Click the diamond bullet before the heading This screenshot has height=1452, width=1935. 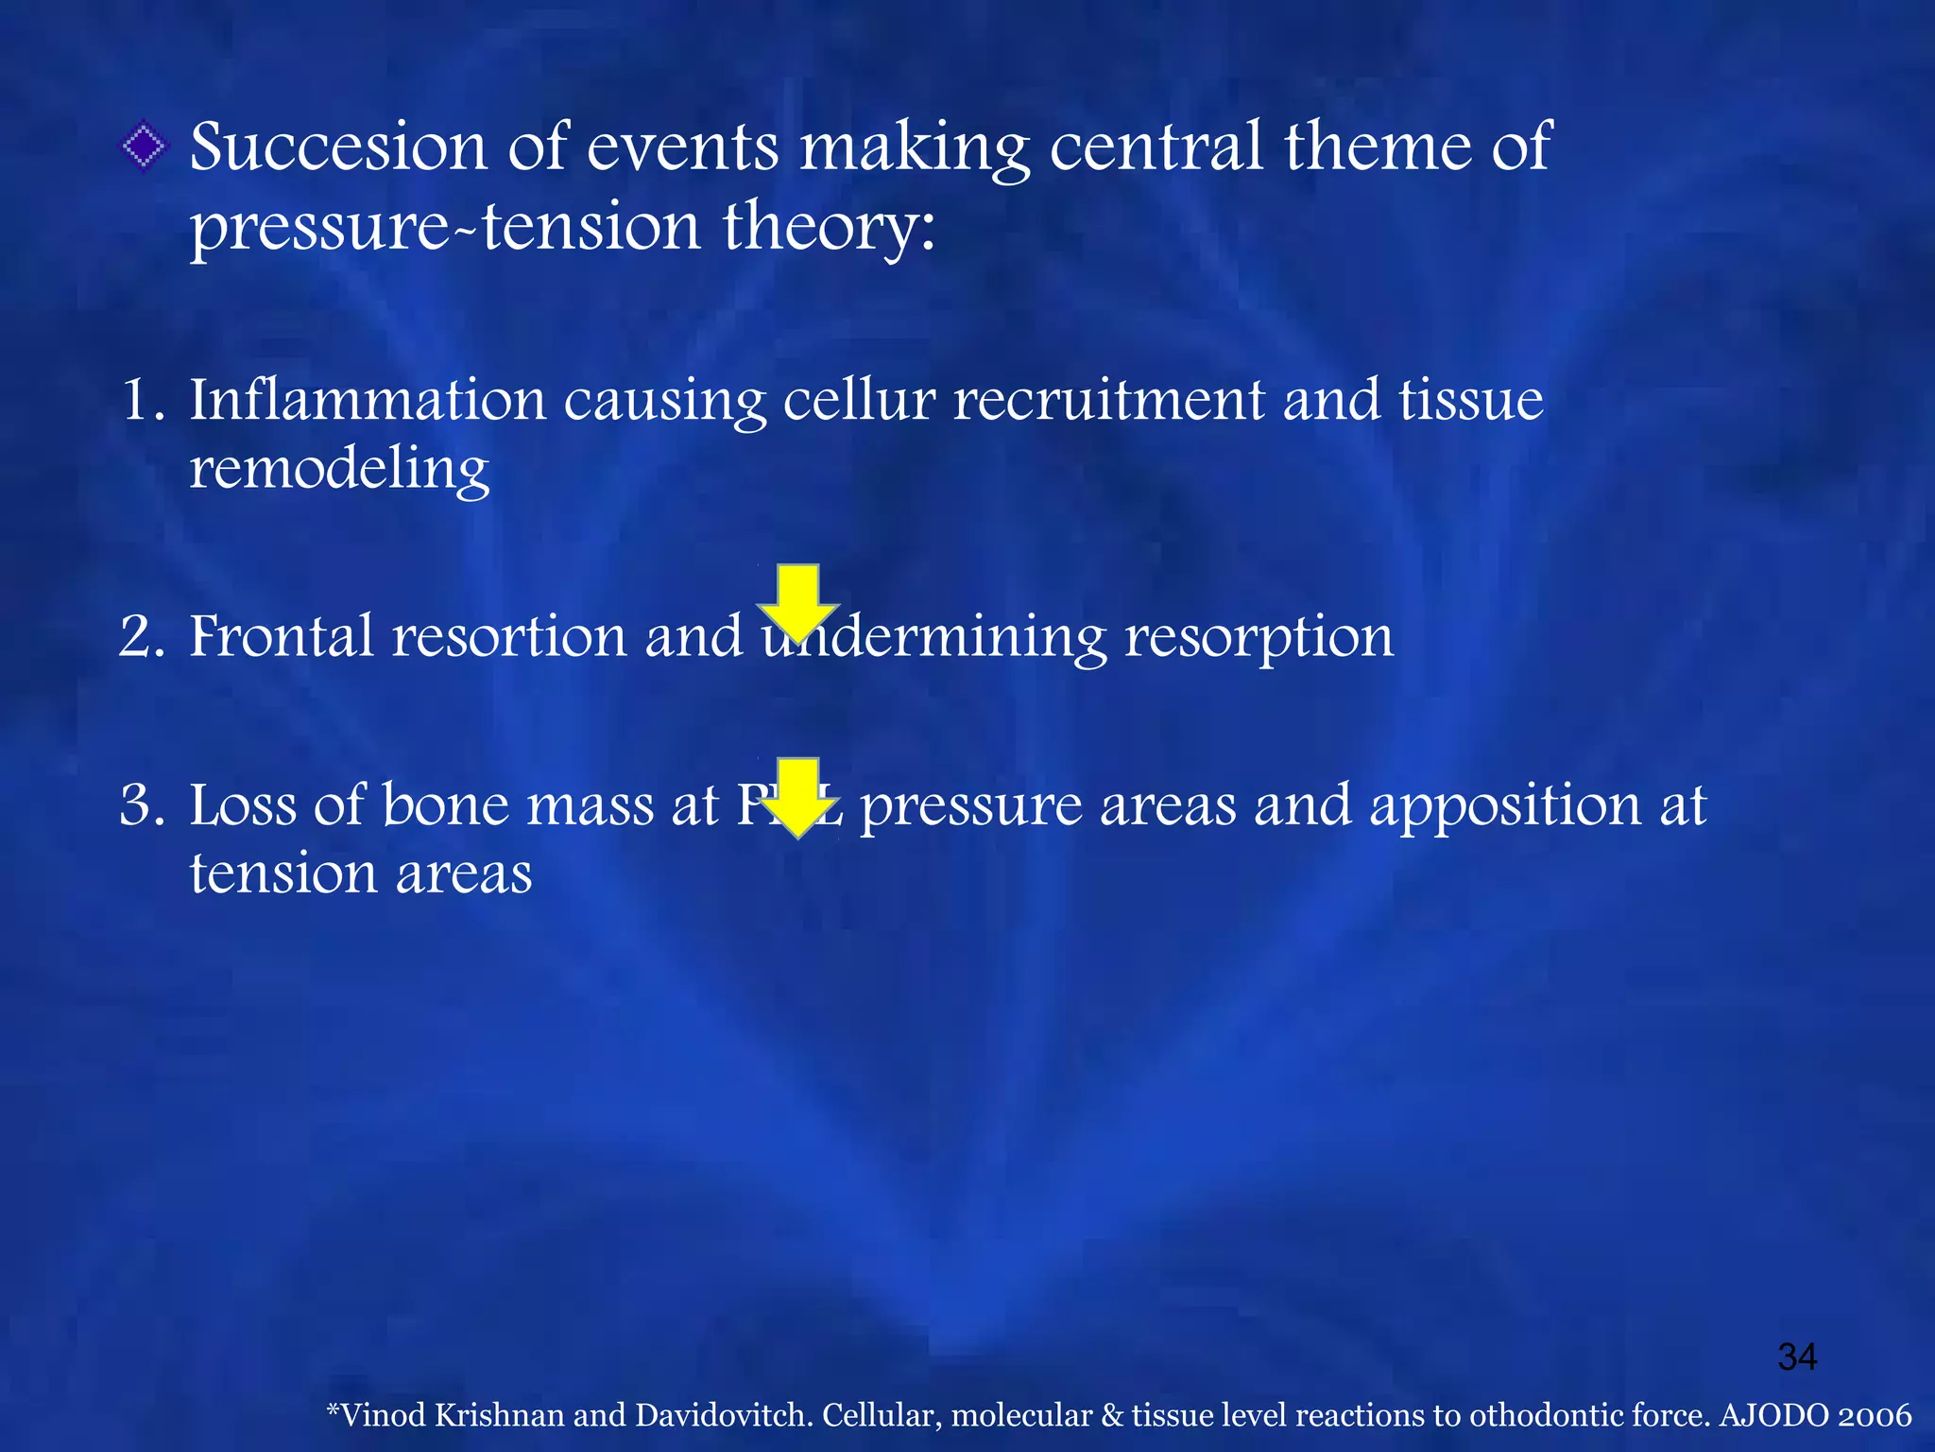[x=143, y=147]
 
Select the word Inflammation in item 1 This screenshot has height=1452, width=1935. [x=368, y=400]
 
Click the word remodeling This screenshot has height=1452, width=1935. [x=339, y=470]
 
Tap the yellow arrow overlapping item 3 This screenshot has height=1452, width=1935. [x=798, y=797]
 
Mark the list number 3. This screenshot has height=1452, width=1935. [x=142, y=805]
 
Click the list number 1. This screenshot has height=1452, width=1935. [x=142, y=400]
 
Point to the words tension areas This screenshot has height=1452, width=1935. [x=361, y=873]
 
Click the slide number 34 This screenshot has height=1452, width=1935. [x=1797, y=1357]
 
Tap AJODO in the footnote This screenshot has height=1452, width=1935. [x=1773, y=1415]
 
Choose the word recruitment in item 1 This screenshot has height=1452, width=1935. [x=1108, y=400]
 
